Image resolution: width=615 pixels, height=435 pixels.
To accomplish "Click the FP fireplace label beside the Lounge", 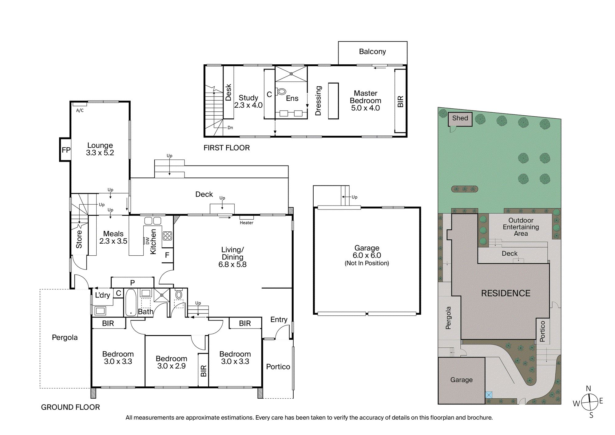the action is pyautogui.click(x=66, y=150).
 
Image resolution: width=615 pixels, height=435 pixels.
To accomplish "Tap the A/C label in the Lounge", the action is pyautogui.click(x=80, y=110).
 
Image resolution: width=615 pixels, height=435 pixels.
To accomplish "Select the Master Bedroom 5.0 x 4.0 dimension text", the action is pyautogui.click(x=366, y=108).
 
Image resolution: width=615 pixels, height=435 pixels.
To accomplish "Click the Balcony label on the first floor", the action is pyautogui.click(x=372, y=52).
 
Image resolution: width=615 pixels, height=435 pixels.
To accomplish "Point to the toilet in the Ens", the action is pyautogui.click(x=281, y=91).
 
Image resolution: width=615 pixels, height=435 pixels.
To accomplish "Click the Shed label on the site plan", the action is pyautogui.click(x=460, y=118).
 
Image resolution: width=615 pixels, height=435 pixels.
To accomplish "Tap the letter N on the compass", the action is pyautogui.click(x=588, y=389).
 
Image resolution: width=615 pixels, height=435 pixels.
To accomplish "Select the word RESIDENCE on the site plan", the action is pyautogui.click(x=506, y=293).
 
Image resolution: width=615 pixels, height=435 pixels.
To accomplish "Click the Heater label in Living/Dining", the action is pyautogui.click(x=247, y=223).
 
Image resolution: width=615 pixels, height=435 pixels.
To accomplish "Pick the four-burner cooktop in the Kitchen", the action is pyautogui.click(x=168, y=236).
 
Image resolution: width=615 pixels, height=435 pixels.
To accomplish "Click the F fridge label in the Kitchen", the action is pyautogui.click(x=167, y=255).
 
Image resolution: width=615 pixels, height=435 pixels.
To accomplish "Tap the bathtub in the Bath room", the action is pyautogui.click(x=131, y=302).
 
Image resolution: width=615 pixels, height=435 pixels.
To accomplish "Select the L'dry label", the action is pyautogui.click(x=102, y=295).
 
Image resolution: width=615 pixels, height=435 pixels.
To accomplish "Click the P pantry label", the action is pyautogui.click(x=133, y=283).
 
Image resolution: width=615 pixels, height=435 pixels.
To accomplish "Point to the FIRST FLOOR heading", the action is pyautogui.click(x=227, y=148).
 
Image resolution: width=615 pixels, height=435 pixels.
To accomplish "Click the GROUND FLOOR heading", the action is pyautogui.click(x=70, y=407).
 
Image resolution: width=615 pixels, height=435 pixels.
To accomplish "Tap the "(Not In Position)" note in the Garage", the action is pyautogui.click(x=367, y=263).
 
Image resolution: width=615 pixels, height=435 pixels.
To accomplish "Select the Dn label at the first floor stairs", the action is pyautogui.click(x=230, y=128).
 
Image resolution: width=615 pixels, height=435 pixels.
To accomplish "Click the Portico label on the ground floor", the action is pyautogui.click(x=278, y=367).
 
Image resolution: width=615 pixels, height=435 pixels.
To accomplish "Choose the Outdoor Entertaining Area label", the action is pyautogui.click(x=521, y=227).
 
